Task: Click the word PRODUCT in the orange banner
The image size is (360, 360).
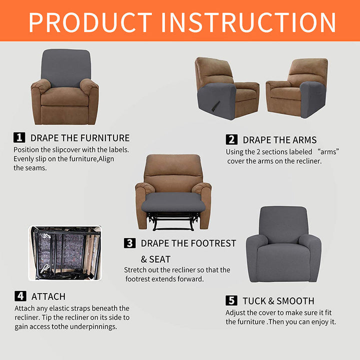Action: (90, 22)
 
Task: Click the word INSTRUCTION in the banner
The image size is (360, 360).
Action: (248, 22)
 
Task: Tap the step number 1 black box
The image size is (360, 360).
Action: (19, 137)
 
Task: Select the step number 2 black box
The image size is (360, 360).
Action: (231, 139)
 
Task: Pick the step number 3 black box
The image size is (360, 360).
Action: (129, 243)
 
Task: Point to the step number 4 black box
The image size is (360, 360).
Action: (20, 296)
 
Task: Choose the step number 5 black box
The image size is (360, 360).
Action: (231, 300)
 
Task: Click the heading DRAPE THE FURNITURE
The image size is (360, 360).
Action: (80, 138)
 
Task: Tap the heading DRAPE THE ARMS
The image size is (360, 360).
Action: (279, 140)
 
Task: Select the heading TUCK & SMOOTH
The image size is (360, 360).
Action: (278, 301)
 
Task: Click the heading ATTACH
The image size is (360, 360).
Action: (48, 296)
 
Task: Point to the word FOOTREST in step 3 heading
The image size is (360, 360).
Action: (213, 243)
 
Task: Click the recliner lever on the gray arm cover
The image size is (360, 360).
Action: (216, 105)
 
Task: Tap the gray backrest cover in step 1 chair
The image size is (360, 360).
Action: (66, 68)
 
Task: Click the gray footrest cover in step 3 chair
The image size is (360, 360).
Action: (173, 202)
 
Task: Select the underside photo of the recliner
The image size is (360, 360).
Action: (65, 253)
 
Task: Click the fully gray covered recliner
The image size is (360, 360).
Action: (283, 244)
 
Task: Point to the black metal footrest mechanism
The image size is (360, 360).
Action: (173, 221)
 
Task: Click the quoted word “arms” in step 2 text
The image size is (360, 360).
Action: (328, 152)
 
